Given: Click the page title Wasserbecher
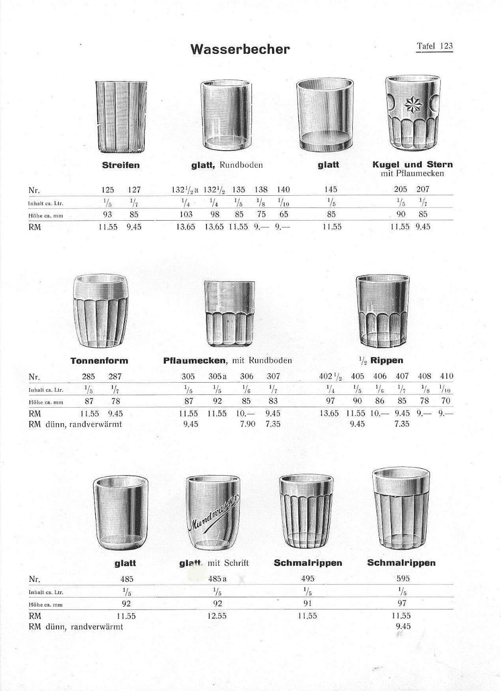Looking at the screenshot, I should tap(240, 49).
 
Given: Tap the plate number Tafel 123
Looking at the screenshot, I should tap(434, 46).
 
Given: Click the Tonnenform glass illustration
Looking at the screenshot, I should tap(100, 311).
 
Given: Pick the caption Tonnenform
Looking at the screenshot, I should tap(99, 361).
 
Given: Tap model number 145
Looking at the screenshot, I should tap(331, 189).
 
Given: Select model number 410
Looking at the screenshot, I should tap(447, 376).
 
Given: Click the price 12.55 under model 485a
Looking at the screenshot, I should tap(217, 616).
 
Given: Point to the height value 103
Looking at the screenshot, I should tap(186, 214).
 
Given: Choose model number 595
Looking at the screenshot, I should tap(403, 579).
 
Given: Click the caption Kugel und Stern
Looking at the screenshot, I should tap(412, 164).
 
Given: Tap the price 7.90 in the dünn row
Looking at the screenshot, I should tap(248, 424).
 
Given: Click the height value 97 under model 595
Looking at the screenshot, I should tap(402, 603).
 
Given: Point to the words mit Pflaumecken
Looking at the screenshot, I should tap(412, 174).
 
